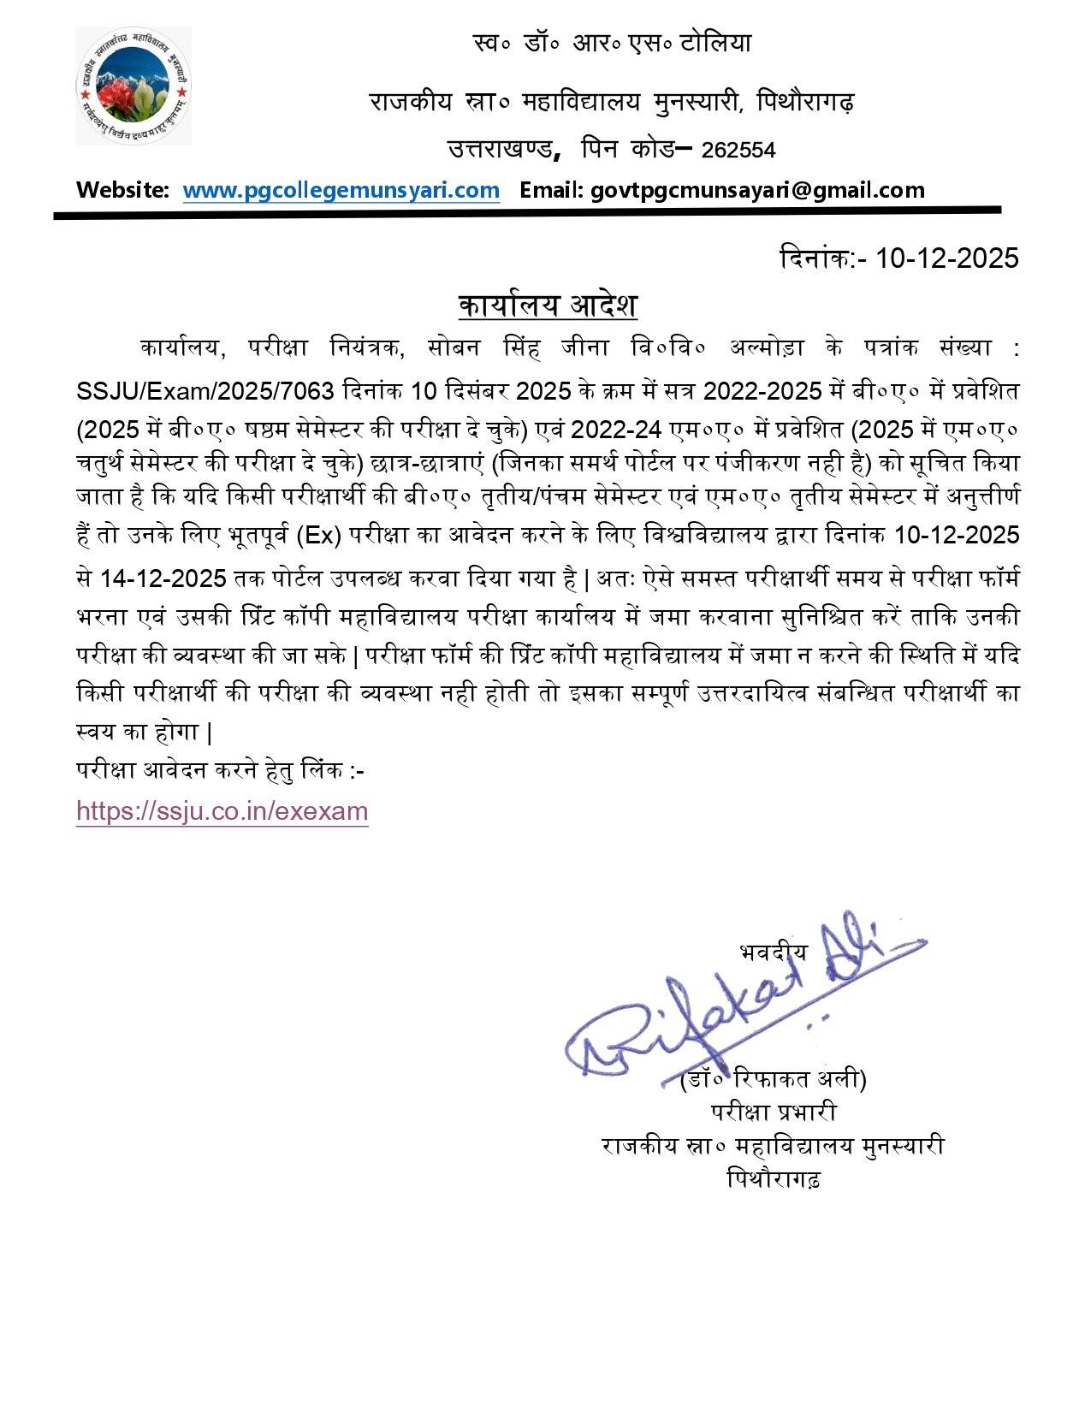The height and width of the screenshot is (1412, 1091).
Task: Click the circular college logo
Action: pos(133,86)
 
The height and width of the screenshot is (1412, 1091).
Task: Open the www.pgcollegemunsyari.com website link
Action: pos(341,190)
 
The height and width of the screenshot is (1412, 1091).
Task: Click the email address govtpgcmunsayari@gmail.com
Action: pos(757,190)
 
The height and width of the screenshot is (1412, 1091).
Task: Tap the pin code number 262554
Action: pos(738,151)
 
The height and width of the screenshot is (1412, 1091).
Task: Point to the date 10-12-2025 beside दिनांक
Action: pos(946,258)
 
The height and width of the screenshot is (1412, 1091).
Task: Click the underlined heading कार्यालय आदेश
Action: pos(548,306)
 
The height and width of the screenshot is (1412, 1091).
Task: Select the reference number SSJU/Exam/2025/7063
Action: pos(205,392)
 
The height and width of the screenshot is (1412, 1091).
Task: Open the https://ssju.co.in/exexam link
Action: pos(222,811)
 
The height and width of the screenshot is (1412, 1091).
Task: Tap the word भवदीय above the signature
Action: pos(773,952)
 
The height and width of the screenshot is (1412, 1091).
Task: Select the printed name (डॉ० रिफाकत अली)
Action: pos(773,1079)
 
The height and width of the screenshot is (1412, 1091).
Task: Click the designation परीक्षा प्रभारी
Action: pos(774,1112)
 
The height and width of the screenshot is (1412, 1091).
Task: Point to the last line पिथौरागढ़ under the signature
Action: pos(774,1179)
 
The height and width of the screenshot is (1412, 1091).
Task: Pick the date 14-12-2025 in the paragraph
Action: pos(163,579)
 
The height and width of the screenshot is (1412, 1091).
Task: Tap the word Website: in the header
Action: pos(122,190)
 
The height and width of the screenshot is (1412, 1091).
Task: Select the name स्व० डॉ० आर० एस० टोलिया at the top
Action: pos(612,43)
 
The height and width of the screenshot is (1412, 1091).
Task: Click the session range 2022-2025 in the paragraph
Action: pos(762,392)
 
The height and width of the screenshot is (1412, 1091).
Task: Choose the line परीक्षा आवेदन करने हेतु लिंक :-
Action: pos(220,770)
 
